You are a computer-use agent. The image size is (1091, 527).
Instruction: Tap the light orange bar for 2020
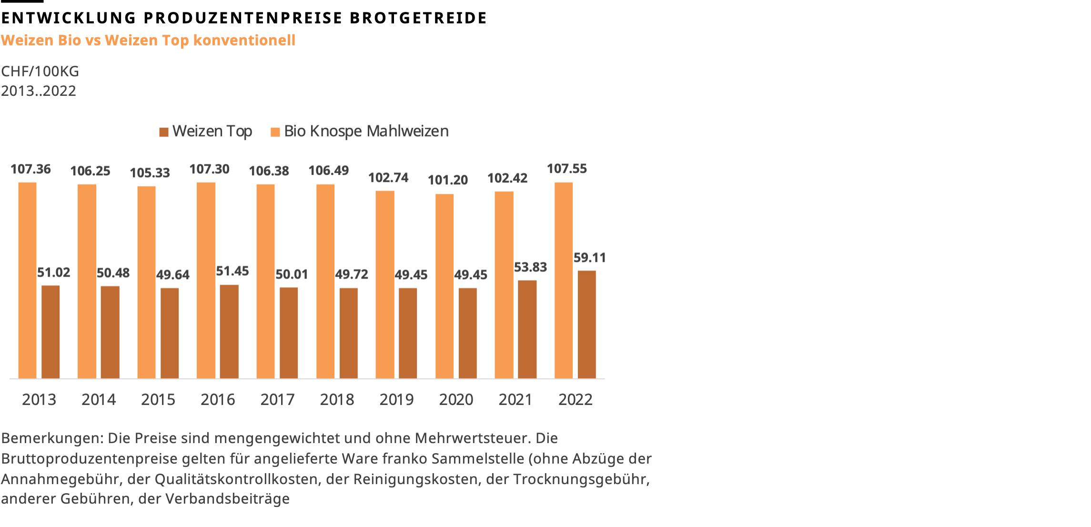click(x=444, y=286)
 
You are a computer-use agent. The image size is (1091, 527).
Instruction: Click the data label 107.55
click(x=566, y=169)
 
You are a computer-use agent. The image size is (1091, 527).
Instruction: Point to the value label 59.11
click(x=589, y=258)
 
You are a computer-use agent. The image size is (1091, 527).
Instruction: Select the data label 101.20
click(x=447, y=180)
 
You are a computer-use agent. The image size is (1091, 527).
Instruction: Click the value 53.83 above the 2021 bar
click(x=530, y=268)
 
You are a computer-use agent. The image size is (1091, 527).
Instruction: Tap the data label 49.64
click(x=172, y=275)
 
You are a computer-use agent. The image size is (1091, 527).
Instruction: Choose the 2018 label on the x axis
click(x=337, y=400)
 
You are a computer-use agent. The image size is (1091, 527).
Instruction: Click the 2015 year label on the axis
click(x=158, y=400)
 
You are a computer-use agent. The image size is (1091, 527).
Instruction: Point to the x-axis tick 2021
click(x=515, y=400)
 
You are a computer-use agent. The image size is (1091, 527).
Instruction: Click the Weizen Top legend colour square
click(x=164, y=132)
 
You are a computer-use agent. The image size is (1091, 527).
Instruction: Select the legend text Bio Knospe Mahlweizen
click(x=366, y=131)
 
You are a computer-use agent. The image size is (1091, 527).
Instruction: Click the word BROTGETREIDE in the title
click(x=418, y=18)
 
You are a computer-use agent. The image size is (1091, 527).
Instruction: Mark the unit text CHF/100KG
click(x=40, y=72)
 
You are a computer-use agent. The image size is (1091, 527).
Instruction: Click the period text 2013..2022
click(x=39, y=91)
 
